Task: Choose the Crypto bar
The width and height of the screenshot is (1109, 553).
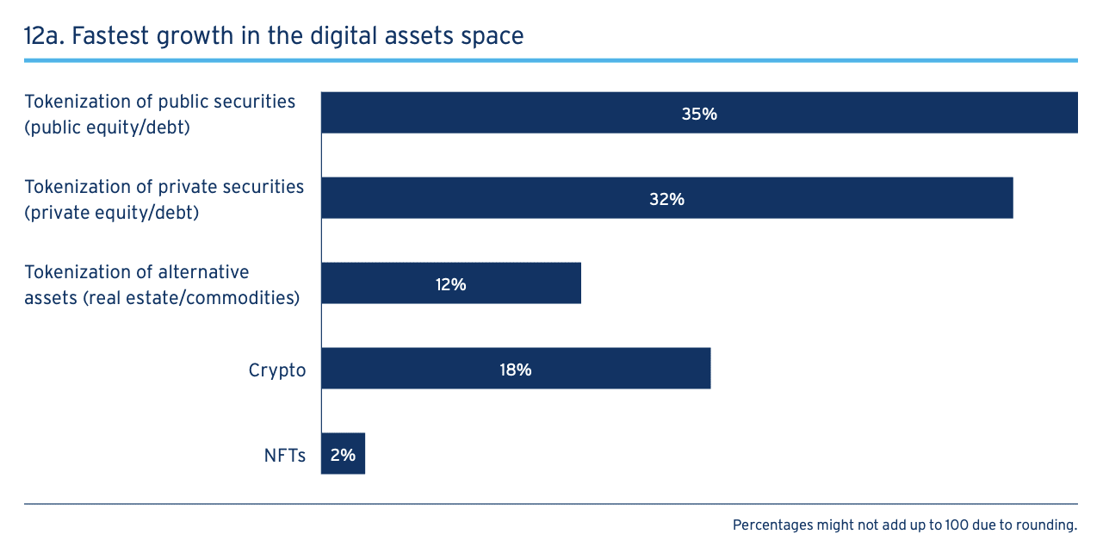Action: tap(603, 369)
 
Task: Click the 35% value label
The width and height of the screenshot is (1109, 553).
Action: tap(699, 113)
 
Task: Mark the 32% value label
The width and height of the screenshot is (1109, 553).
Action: tap(666, 198)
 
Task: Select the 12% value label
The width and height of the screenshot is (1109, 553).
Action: tap(450, 283)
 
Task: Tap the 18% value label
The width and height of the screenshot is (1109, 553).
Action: tap(515, 369)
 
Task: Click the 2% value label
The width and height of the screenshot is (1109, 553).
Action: tap(343, 454)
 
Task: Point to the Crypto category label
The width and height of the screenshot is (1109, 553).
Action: tap(277, 370)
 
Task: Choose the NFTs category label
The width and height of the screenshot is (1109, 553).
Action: tap(285, 456)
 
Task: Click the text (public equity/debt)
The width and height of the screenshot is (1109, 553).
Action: tap(107, 127)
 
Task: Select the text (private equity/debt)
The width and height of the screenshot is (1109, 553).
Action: tap(111, 212)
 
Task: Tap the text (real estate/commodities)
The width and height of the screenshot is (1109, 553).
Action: tap(186, 298)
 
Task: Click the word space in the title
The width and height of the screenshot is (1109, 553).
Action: tap(493, 37)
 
